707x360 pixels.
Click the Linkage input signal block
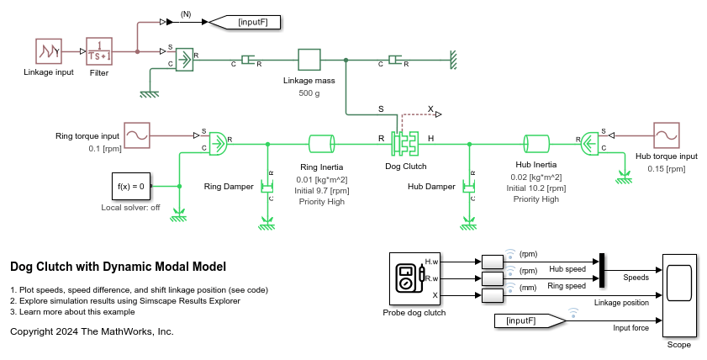point(48,51)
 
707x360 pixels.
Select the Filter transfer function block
point(100,51)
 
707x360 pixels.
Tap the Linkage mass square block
point(309,60)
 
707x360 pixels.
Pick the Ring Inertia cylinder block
point(322,142)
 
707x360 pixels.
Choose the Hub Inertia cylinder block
point(536,142)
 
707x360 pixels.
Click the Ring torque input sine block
point(137,135)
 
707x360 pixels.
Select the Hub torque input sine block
point(667,135)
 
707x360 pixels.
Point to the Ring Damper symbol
point(267,186)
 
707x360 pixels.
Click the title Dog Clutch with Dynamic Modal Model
point(118,267)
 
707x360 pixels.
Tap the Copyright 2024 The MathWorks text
point(92,331)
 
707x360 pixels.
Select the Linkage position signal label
point(621,303)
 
